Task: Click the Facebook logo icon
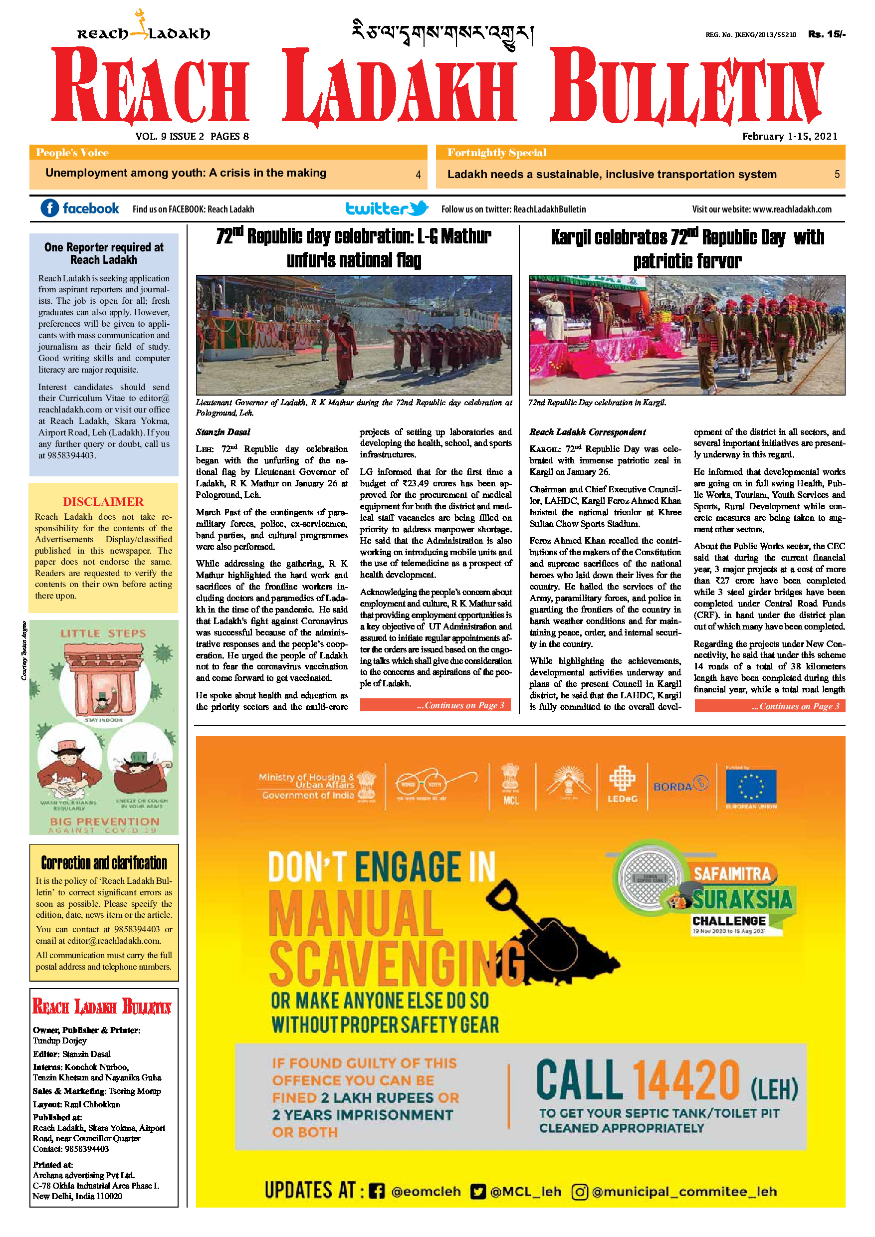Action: [49, 208]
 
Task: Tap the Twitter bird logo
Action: [419, 208]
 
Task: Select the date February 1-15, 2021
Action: [789, 136]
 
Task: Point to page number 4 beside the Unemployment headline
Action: [418, 175]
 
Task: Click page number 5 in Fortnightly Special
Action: [837, 174]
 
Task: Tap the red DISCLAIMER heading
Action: [103, 502]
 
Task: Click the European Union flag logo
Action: [751, 787]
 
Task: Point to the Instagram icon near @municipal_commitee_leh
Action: [579, 1191]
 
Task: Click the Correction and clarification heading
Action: [104, 863]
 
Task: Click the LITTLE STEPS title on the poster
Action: [103, 633]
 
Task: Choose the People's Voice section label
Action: [72, 153]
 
